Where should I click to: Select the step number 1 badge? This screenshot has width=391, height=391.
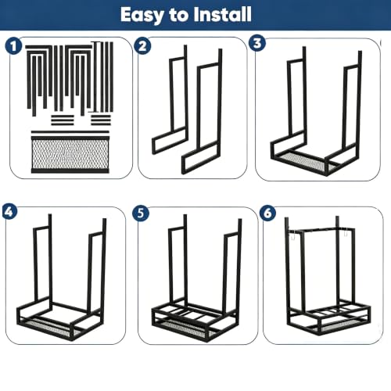coord(13,46)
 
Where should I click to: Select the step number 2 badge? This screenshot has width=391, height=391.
coord(142,46)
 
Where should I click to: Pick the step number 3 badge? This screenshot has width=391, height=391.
coord(257,43)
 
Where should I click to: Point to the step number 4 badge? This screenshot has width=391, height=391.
coord(9,212)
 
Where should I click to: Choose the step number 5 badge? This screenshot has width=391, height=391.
coord(141,213)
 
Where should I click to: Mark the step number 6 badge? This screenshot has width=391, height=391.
coord(268,213)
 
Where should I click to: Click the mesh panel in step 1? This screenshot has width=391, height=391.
coord(70,154)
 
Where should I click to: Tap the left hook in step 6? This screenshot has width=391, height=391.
coord(292,236)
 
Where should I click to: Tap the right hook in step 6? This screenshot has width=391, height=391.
coord(345,232)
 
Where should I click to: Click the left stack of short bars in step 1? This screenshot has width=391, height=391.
coord(63,120)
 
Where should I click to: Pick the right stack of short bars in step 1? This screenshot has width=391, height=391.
coord(101,120)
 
